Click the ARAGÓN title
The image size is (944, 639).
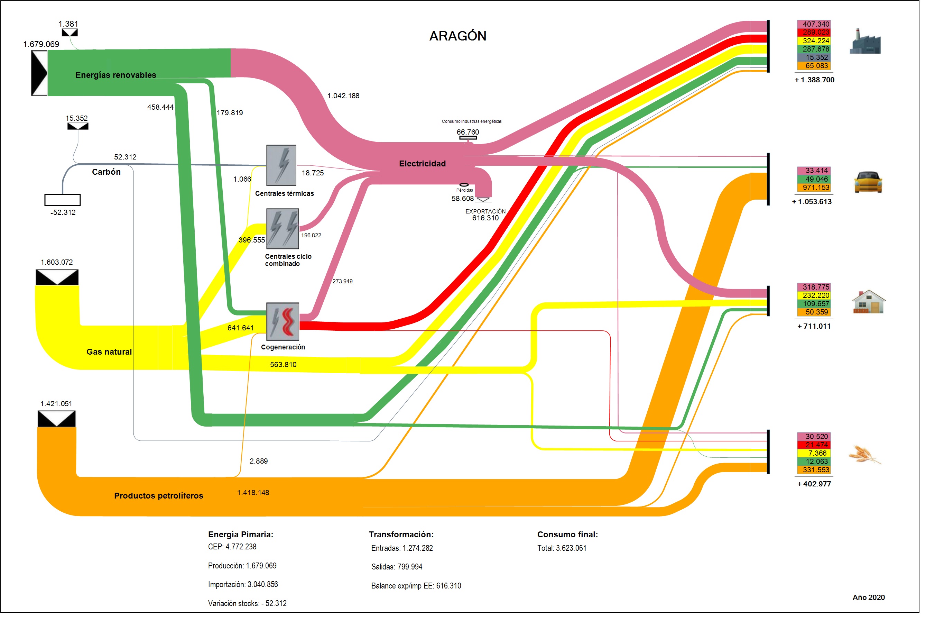pyautogui.click(x=457, y=36)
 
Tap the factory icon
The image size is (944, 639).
pyautogui.click(x=865, y=42)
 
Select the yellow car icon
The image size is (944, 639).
pyautogui.click(x=868, y=182)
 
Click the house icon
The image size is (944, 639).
pyautogui.click(x=869, y=302)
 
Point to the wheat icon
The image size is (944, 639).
pyautogui.click(x=864, y=455)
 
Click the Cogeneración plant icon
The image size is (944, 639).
pyautogui.click(x=283, y=321)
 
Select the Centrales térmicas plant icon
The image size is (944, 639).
pyautogui.click(x=281, y=165)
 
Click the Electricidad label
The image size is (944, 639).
pyautogui.click(x=422, y=163)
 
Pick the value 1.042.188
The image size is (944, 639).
pyautogui.click(x=343, y=96)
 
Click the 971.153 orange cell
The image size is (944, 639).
pyautogui.click(x=816, y=188)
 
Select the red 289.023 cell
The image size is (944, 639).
pyautogui.click(x=816, y=32)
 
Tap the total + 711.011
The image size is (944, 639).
pyautogui.click(x=814, y=326)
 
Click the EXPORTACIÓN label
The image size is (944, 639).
pyautogui.click(x=485, y=211)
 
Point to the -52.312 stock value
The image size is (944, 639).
pyautogui.click(x=63, y=212)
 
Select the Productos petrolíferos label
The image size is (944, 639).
pyautogui.click(x=158, y=495)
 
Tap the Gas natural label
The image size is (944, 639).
pyautogui.click(x=109, y=352)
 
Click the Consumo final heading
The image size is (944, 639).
pyautogui.click(x=567, y=535)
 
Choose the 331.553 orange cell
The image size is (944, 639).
pyautogui.click(x=816, y=469)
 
